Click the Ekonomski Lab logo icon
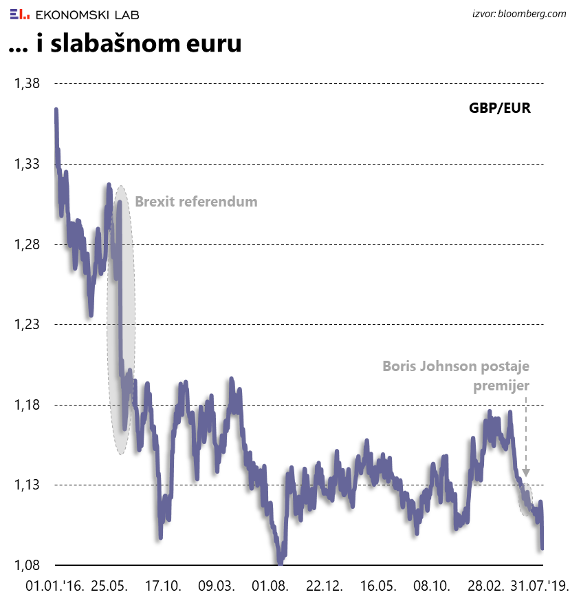20,14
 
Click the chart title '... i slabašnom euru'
125,44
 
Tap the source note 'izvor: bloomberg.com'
520,14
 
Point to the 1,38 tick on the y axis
27,84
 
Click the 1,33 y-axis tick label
27,165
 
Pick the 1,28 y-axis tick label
27,245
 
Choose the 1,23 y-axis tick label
27,325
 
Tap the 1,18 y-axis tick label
27,406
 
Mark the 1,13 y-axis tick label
27,485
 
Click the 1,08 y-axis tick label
27,566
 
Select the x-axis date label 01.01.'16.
55,587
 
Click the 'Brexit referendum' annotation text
196,202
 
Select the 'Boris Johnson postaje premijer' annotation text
456,375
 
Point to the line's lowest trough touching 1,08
279,561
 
